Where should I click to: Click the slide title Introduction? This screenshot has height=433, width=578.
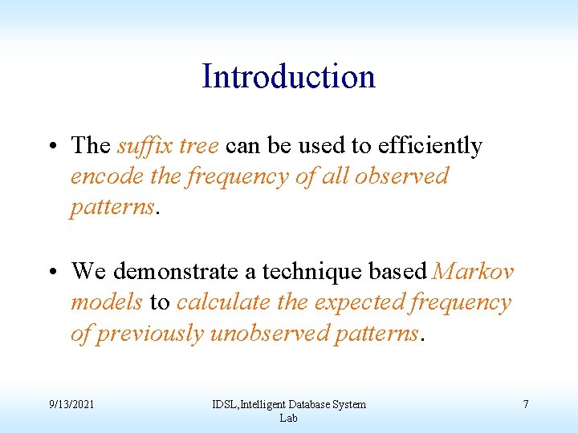(x=288, y=77)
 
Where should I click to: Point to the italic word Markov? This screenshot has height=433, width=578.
(x=473, y=272)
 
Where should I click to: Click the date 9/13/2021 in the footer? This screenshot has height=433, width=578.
(x=71, y=404)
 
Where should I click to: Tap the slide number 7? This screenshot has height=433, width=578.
(x=525, y=404)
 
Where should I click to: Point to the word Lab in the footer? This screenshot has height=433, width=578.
(x=288, y=418)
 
